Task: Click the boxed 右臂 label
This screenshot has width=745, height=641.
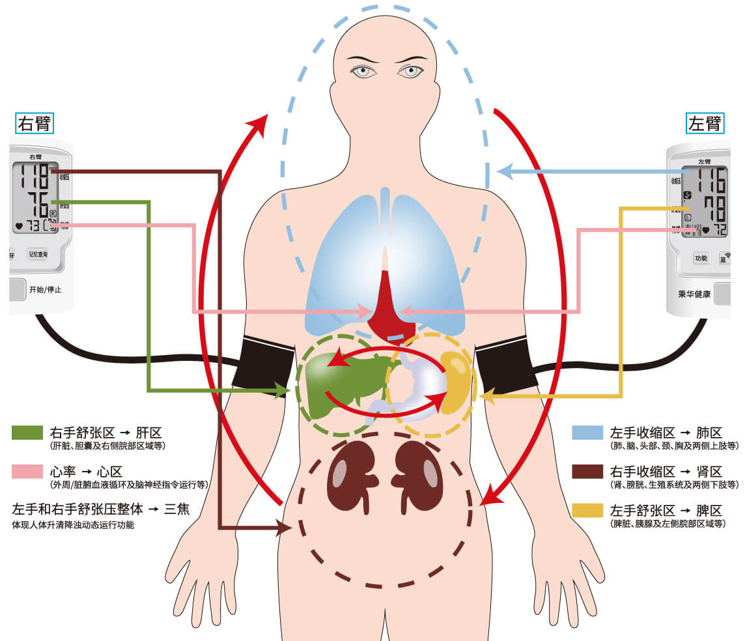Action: (35, 123)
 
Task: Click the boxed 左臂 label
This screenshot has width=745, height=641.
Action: (705, 123)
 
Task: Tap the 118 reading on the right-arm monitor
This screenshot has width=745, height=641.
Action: (34, 177)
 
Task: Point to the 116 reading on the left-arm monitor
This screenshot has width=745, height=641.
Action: (710, 179)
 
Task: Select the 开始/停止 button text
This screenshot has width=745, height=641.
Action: (45, 289)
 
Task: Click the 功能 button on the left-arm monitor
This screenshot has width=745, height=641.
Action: (701, 258)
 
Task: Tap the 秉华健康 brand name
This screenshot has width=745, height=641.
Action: (694, 294)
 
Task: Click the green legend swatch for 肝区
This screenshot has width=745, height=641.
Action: (28, 433)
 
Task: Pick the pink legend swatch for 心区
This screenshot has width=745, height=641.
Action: (28, 472)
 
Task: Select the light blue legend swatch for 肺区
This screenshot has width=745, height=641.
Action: (588, 433)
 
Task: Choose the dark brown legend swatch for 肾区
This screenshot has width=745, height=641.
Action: (588, 472)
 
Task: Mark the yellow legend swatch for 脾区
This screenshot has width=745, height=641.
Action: (588, 510)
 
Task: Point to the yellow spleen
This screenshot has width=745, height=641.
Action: (456, 381)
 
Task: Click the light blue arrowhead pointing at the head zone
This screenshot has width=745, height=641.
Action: (503, 172)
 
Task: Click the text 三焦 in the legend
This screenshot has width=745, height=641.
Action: (176, 509)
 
